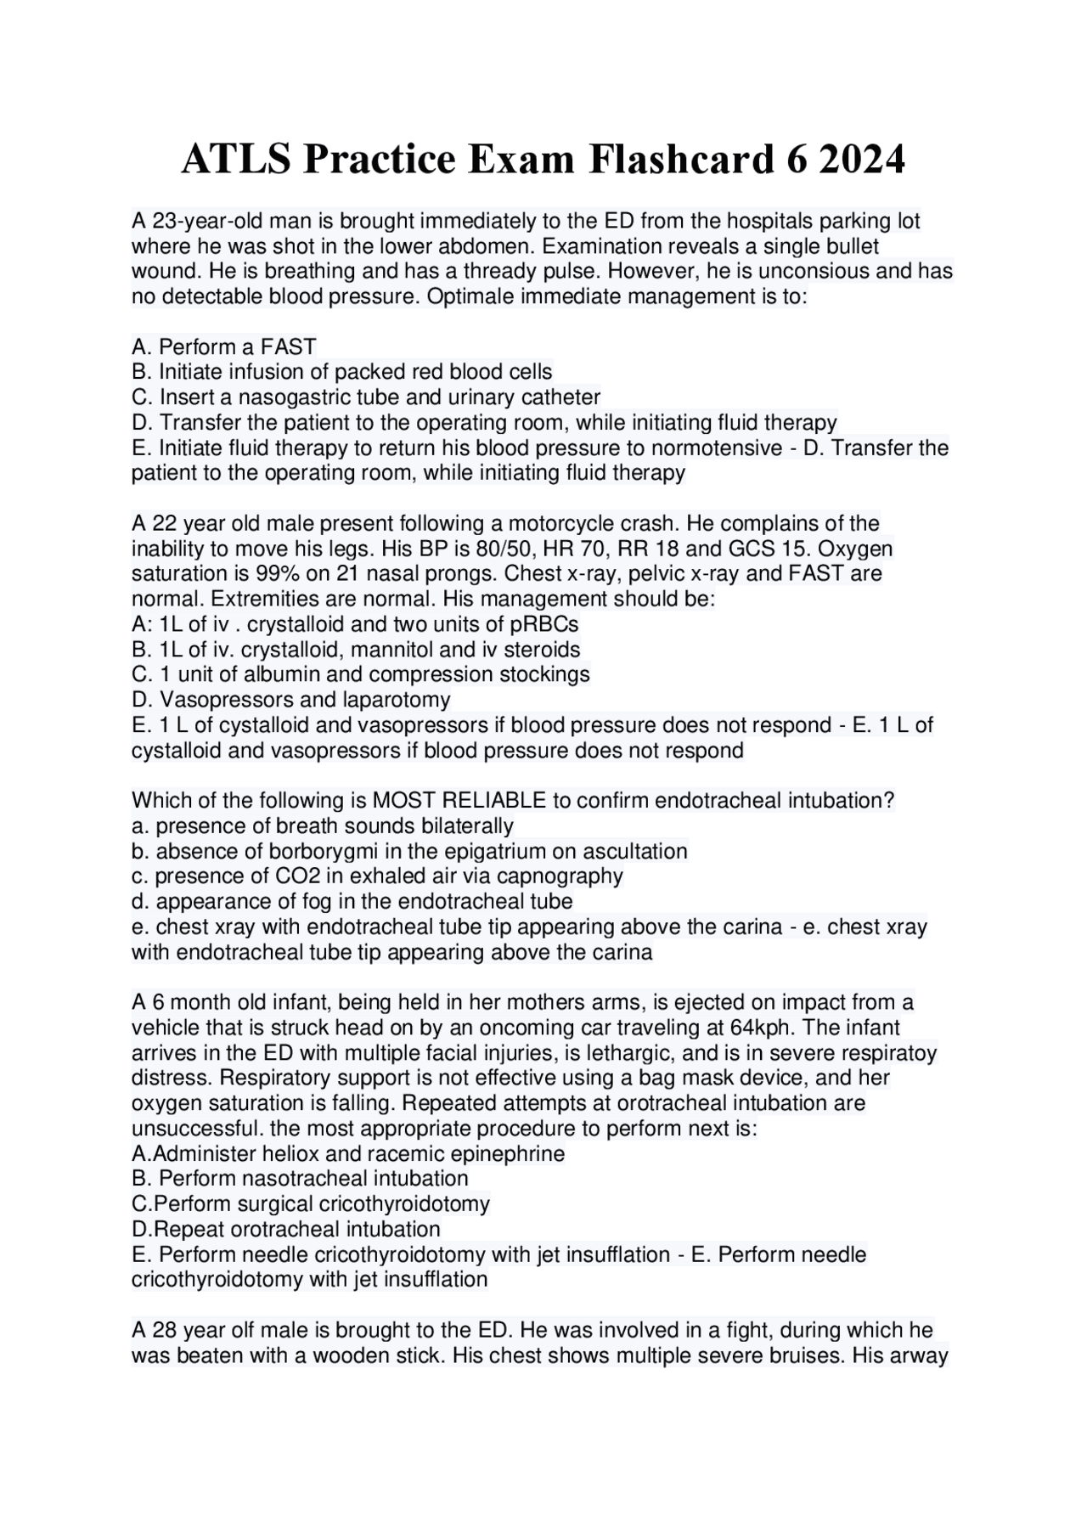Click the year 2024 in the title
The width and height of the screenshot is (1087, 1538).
tap(862, 159)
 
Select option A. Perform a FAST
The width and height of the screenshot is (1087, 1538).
tap(224, 346)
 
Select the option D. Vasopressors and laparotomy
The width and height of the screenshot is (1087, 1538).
tap(291, 700)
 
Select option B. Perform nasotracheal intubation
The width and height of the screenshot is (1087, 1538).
tap(300, 1179)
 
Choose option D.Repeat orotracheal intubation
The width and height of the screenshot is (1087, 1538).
tap(286, 1229)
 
